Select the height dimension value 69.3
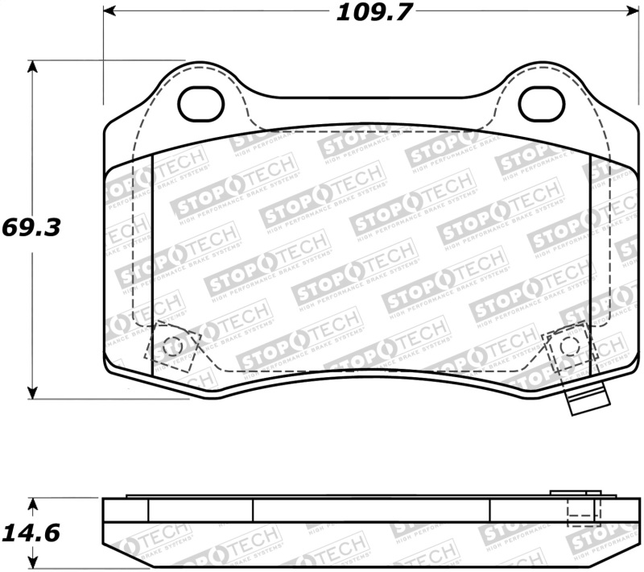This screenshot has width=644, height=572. pyautogui.click(x=32, y=227)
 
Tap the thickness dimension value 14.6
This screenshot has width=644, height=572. pyautogui.click(x=32, y=533)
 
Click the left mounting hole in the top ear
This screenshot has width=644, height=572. pyautogui.click(x=200, y=102)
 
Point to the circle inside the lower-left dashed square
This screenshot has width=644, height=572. pyautogui.click(x=171, y=347)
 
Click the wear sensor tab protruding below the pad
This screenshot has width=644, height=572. pyautogui.click(x=586, y=400)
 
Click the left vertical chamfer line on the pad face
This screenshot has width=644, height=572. pyautogui.click(x=152, y=266)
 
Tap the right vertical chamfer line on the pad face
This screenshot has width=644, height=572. pyautogui.click(x=591, y=266)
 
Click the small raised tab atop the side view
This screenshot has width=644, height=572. pyautogui.click(x=574, y=493)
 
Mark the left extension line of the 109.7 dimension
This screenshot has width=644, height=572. pyautogui.click(x=103, y=56)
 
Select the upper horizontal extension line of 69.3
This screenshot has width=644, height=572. pyautogui.click(x=105, y=60)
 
